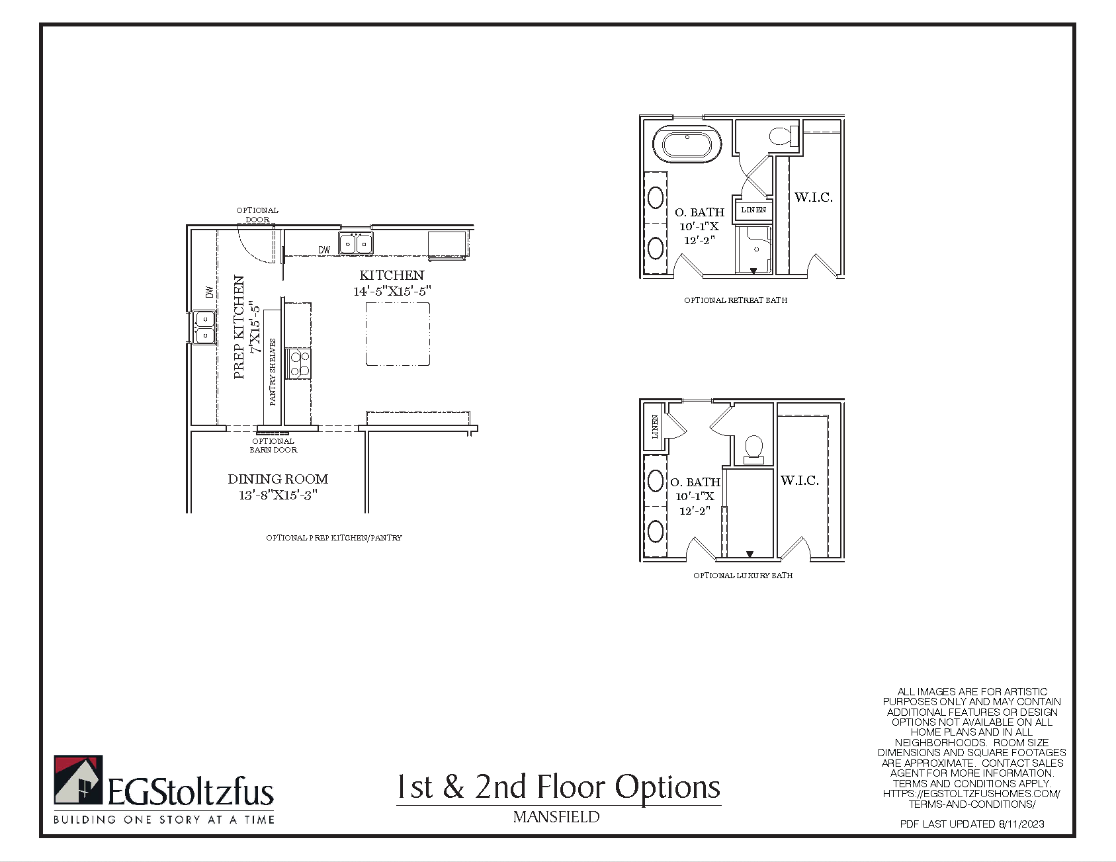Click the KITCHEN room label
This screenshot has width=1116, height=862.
(x=392, y=275)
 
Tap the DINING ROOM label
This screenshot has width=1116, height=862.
(x=278, y=479)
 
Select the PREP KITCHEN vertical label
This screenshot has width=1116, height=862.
(x=239, y=327)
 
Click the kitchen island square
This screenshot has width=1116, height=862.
(x=398, y=334)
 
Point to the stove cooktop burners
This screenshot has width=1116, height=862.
(x=300, y=364)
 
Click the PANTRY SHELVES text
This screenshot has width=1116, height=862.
(x=273, y=372)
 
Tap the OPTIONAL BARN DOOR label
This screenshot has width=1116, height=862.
(x=273, y=445)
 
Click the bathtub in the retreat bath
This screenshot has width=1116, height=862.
(x=687, y=144)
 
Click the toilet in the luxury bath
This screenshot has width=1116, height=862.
(x=753, y=449)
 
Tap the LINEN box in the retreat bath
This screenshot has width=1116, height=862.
(x=753, y=210)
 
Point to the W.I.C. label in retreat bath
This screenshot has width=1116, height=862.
(x=813, y=197)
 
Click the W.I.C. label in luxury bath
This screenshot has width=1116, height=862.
(x=799, y=480)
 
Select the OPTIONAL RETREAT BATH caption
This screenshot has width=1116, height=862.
(x=736, y=300)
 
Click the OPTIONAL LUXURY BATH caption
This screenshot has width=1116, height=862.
(x=743, y=576)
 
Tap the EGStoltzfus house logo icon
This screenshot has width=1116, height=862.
(x=78, y=780)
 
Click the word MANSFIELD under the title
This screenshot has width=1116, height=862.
(x=556, y=817)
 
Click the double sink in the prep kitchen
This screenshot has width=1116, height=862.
(x=204, y=327)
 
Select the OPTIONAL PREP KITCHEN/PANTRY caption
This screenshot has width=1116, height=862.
(x=334, y=538)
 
